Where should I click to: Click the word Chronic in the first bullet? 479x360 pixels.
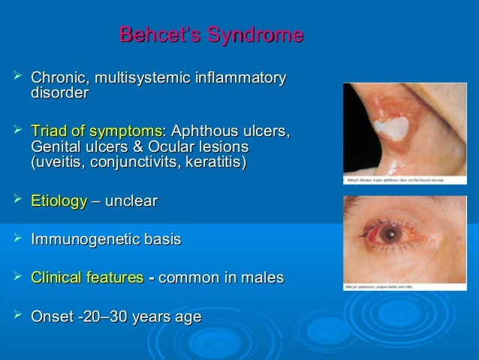[x=57, y=78]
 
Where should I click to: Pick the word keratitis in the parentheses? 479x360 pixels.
[x=213, y=162]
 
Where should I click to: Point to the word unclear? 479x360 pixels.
[x=134, y=201]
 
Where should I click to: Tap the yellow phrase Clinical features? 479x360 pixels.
[x=87, y=278]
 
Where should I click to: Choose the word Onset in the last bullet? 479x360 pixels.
[x=53, y=317]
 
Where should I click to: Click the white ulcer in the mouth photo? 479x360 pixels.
[x=392, y=126]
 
